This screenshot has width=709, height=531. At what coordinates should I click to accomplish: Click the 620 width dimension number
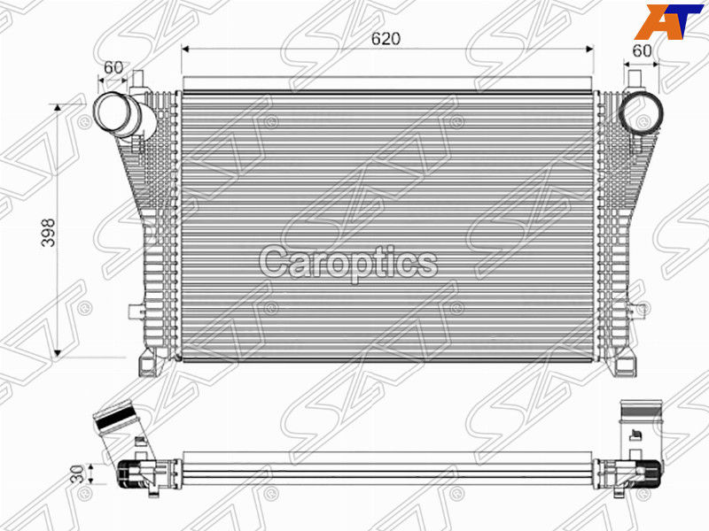[x=386, y=39]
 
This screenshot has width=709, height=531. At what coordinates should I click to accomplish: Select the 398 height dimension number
[x=48, y=233]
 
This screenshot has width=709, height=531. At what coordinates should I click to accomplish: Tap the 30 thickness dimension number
[x=77, y=474]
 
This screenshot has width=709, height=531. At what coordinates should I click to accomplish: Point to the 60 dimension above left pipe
[x=113, y=67]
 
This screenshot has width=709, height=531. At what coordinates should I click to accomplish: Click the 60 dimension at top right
[x=642, y=51]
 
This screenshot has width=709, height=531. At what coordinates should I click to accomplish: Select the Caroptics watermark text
[x=348, y=263]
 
